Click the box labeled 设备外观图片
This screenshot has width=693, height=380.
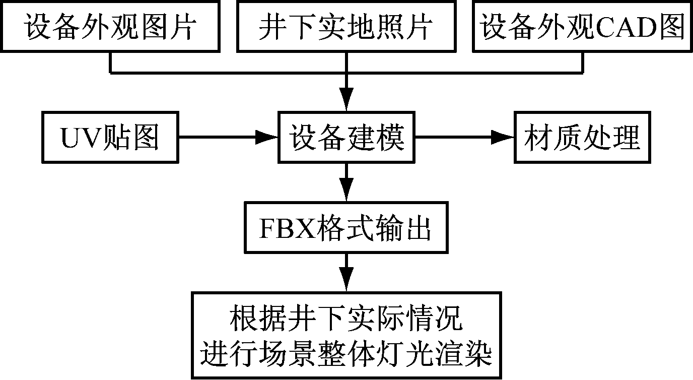coord(110,27)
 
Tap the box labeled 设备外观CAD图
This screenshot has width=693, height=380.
coord(583,27)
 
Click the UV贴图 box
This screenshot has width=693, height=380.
coord(110,137)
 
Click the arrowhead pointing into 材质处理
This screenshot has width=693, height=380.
coord(504,137)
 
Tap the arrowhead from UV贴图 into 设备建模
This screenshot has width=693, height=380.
coord(267,137)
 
